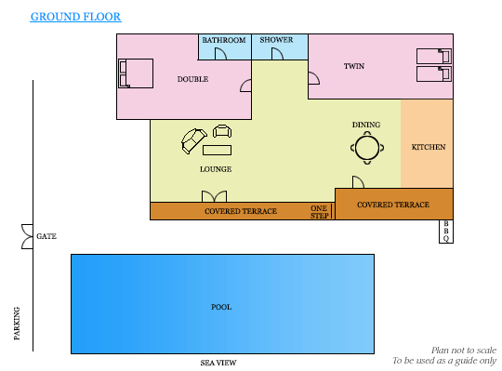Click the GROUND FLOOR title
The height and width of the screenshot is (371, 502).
point(76,17)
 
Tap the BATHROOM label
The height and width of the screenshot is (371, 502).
point(224,40)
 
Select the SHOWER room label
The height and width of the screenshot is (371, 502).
point(276,40)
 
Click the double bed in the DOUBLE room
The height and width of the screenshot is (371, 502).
point(136,73)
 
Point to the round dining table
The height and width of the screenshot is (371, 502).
point(367,148)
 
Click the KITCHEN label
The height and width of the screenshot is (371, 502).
point(429,147)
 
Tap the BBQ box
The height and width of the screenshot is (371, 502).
point(446,232)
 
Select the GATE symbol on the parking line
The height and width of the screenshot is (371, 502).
point(28,236)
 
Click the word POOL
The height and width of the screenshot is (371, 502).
point(221,307)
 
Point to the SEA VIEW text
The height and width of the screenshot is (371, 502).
point(218,363)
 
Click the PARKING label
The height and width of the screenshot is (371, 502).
point(17,324)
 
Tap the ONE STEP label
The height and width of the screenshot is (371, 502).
point(319,212)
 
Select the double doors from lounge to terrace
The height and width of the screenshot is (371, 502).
point(214,196)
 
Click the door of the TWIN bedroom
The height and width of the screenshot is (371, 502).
point(314,78)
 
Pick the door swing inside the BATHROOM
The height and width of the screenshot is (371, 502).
point(220,54)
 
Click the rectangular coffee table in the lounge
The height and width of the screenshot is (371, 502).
point(217,150)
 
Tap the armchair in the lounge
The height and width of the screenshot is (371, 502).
point(222,131)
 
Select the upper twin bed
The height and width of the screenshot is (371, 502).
point(434,56)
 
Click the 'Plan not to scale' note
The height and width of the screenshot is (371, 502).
point(464,351)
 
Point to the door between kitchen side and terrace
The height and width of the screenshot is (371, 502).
point(358,182)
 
